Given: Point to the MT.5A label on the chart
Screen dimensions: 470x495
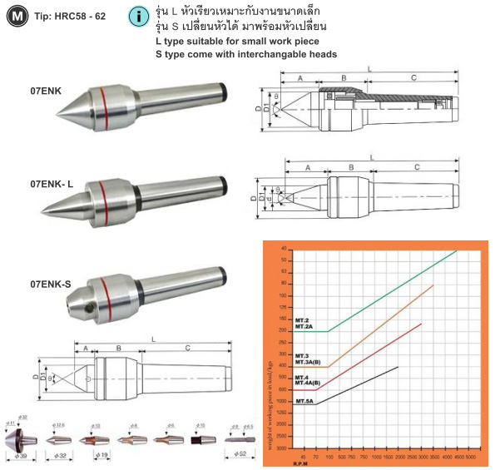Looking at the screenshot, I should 304,402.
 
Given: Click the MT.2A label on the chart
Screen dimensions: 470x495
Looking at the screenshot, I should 305,327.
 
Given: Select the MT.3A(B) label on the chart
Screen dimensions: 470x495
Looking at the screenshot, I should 309,363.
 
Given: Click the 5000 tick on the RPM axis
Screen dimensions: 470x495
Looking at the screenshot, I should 470,456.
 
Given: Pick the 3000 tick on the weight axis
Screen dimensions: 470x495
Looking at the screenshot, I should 282,448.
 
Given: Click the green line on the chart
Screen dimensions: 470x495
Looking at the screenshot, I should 391,291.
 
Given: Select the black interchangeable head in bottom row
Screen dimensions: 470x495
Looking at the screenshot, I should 199,438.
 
